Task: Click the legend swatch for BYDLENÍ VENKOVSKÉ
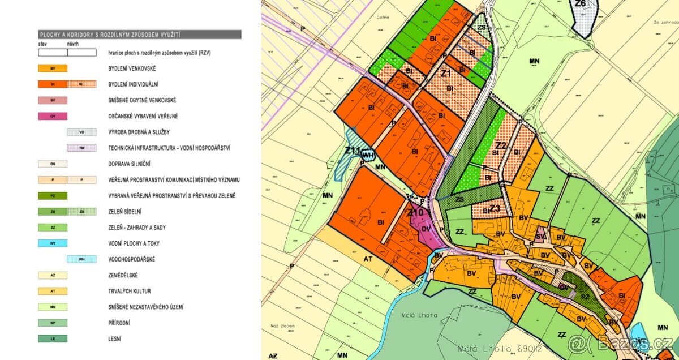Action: (x=53, y=68)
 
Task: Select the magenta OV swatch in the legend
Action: (x=53, y=116)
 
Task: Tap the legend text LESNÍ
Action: (x=115, y=338)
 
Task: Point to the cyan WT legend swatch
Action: (x=53, y=243)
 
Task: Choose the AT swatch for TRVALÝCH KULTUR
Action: (x=53, y=291)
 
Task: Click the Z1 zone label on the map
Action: (x=445, y=74)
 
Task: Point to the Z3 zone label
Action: (x=495, y=208)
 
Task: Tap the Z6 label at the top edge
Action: (x=580, y=4)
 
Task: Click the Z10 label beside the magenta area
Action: (x=415, y=212)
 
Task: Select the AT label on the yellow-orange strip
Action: (x=367, y=256)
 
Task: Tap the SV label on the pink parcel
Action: (x=540, y=236)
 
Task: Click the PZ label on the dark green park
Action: (x=586, y=295)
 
